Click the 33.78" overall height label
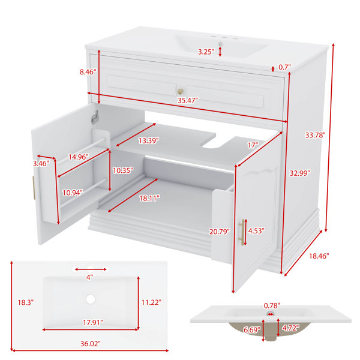click(x=315, y=135)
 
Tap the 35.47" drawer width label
click(x=188, y=100)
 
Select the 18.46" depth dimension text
click(x=319, y=256)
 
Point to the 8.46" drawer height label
click(x=88, y=72)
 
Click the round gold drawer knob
click(x=180, y=91)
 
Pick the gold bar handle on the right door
click(x=242, y=232)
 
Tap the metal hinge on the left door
click(x=95, y=117)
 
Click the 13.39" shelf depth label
click(x=149, y=140)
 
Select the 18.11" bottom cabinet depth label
click(x=149, y=198)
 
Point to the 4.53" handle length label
click(x=256, y=231)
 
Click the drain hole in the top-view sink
click(x=91, y=299)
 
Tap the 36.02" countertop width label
click(x=91, y=344)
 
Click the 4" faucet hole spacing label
click(x=89, y=277)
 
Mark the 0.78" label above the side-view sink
click(x=272, y=305)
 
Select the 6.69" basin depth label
click(x=252, y=330)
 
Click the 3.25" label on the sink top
click(x=206, y=52)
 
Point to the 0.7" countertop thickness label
click(x=284, y=67)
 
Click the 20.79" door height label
click(x=219, y=232)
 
